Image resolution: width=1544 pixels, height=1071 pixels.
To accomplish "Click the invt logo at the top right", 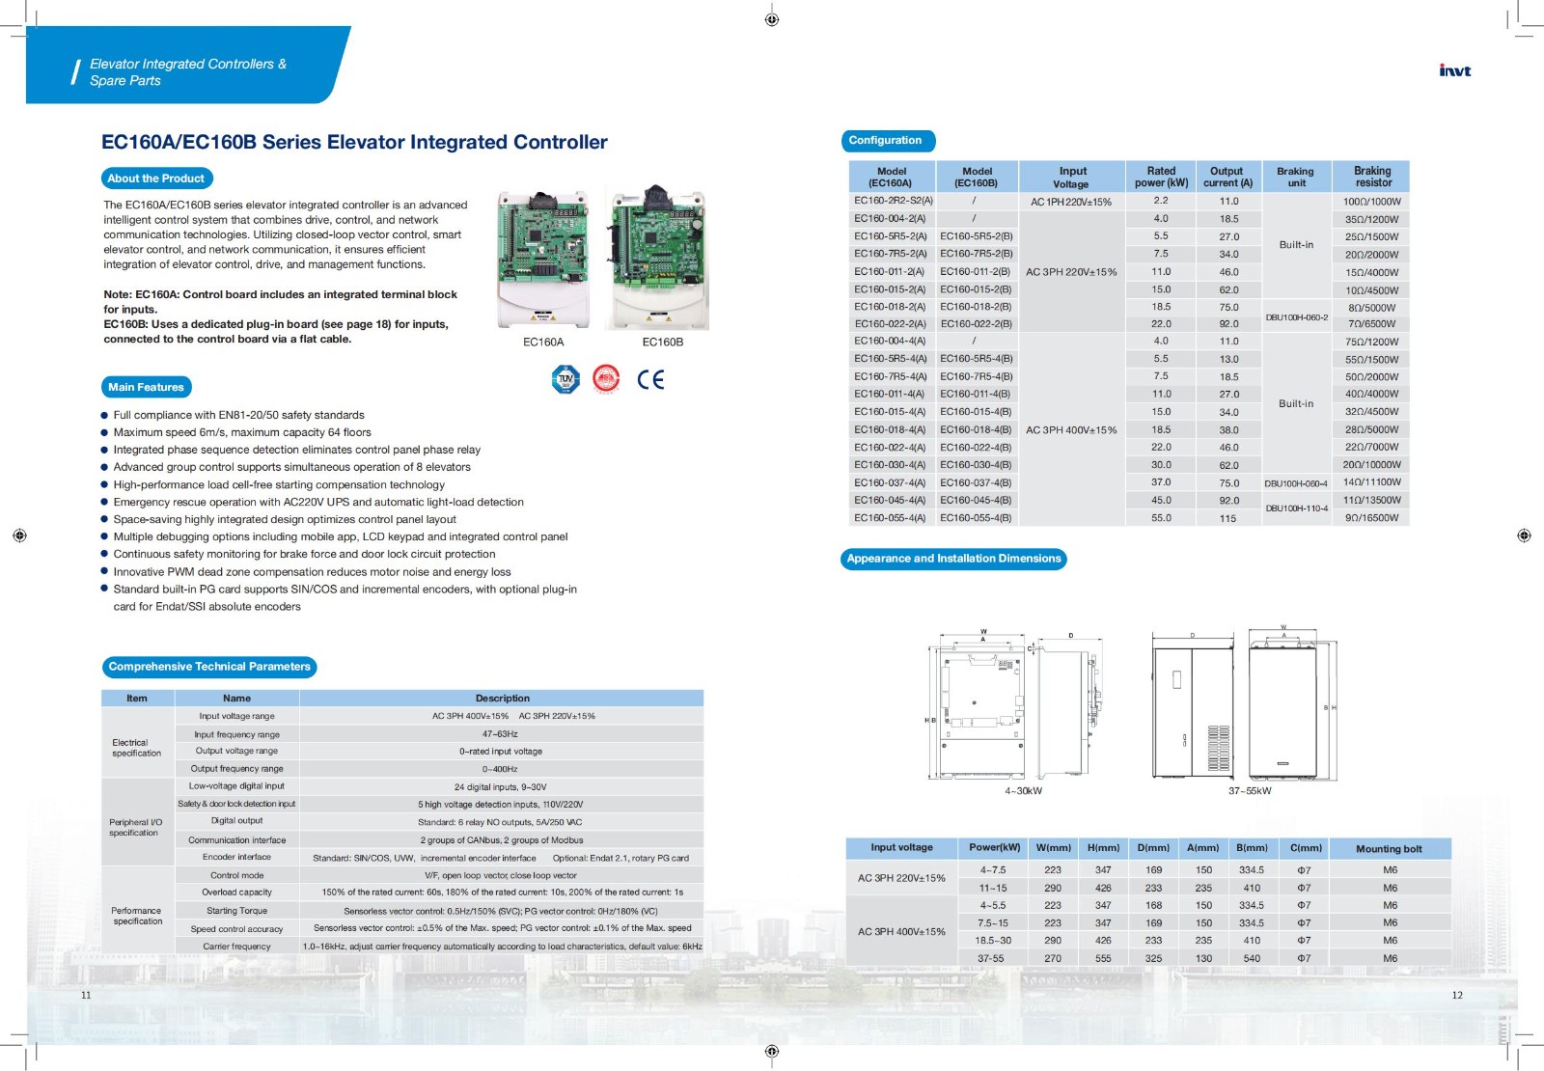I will coord(1454,70).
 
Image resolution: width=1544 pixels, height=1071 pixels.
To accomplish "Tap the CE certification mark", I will coord(650,379).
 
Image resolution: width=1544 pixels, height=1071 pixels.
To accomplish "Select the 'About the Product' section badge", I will coord(156,178).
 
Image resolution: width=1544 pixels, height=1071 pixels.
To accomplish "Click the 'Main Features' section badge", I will coord(146,387).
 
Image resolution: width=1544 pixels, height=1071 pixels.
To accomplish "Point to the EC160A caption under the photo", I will coord(543,342).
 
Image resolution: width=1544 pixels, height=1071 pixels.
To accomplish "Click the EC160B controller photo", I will coord(662,258).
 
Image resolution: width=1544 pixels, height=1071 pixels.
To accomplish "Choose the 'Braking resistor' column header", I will coord(1371,177).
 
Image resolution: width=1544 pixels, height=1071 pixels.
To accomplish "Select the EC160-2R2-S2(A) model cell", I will coord(893,201).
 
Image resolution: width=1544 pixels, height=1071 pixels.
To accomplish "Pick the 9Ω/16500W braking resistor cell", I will coord(1371,518).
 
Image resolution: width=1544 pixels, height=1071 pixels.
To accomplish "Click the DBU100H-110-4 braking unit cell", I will coord(1296,508).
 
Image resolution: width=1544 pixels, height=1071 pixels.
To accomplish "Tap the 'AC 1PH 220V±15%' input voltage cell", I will coord(1070,202).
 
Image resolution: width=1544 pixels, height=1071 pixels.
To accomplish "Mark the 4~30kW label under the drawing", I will coord(1023,791).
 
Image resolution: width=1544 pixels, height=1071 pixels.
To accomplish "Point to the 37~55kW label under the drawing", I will coord(1249,791).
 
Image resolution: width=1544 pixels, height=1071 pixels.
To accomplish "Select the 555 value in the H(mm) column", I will coord(1103,958).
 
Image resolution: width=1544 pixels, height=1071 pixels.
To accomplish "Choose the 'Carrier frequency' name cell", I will coord(236,947).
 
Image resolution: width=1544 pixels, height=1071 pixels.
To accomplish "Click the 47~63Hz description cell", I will coord(501,734).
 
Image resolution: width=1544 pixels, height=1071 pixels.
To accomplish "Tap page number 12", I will coord(1457,995).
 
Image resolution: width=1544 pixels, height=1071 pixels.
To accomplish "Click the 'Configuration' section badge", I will coord(885,141).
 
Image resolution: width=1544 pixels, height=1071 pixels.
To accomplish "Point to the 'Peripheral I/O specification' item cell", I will coord(135,827).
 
